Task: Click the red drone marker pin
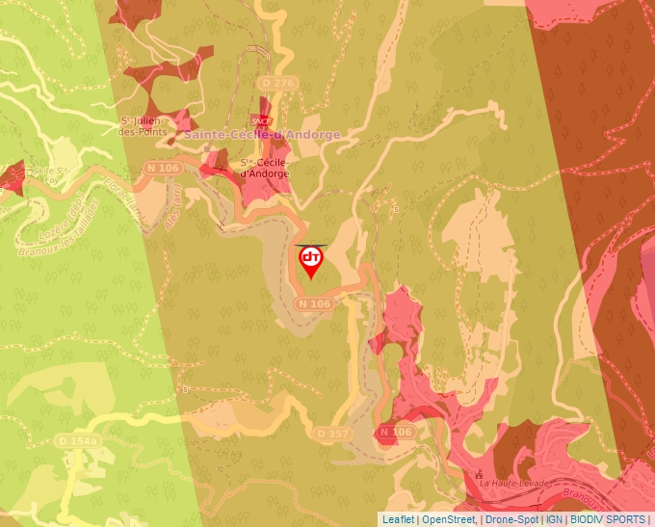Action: pos(311,261)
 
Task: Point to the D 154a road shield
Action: pos(78,440)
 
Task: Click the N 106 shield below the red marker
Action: pos(315,303)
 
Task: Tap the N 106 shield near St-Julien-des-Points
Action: pos(163,168)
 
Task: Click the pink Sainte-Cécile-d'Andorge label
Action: pos(262,135)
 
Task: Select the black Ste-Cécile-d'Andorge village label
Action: pos(264,168)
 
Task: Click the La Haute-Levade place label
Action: pos(513,482)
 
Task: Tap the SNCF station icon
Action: pos(258,120)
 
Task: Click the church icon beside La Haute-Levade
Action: pos(479,474)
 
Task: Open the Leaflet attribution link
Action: pos(398,519)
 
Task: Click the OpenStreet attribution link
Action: pos(449,519)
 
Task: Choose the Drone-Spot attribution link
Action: pos(511,519)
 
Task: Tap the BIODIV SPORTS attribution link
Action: pos(609,519)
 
